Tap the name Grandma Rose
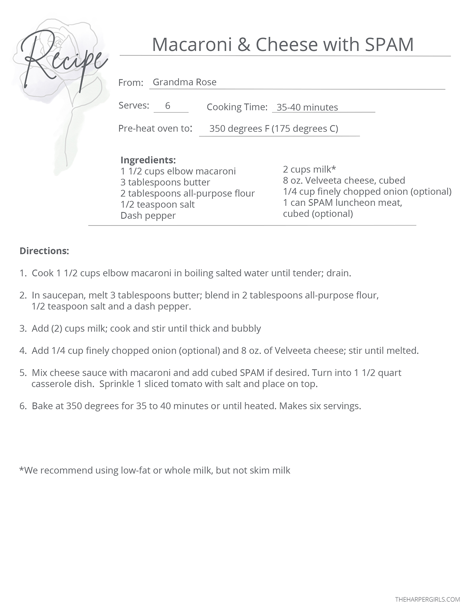click(x=184, y=82)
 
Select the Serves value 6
click(x=168, y=106)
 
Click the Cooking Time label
click(x=237, y=107)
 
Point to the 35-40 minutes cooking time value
click(x=307, y=107)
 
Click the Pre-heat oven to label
click(x=155, y=128)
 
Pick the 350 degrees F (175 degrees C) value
click(x=273, y=128)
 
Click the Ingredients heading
click(x=148, y=160)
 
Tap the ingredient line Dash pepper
click(x=148, y=216)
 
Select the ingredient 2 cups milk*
click(x=309, y=169)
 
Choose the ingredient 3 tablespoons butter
click(x=165, y=182)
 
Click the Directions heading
click(x=44, y=251)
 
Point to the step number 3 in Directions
click(x=22, y=328)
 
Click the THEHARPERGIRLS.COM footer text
click(x=427, y=599)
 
